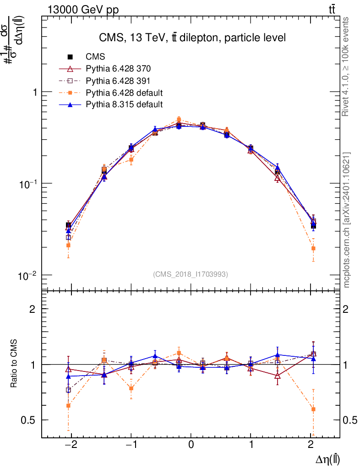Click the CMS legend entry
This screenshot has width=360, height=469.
click(x=95, y=57)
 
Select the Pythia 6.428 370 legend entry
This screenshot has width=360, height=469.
click(x=118, y=69)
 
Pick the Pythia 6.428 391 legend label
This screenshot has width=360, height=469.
click(x=118, y=81)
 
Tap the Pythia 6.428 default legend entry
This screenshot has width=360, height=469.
click(x=124, y=93)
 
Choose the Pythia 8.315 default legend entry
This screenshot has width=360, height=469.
click(x=124, y=104)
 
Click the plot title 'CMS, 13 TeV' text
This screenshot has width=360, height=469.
click(x=192, y=38)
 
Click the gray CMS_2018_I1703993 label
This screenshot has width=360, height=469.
click(x=191, y=274)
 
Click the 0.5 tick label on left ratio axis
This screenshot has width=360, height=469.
click(x=30, y=420)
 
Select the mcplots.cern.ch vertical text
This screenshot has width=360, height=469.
click(x=347, y=220)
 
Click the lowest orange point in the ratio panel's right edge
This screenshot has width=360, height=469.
click(x=313, y=409)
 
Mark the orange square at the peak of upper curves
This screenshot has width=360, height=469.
click(x=179, y=120)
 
